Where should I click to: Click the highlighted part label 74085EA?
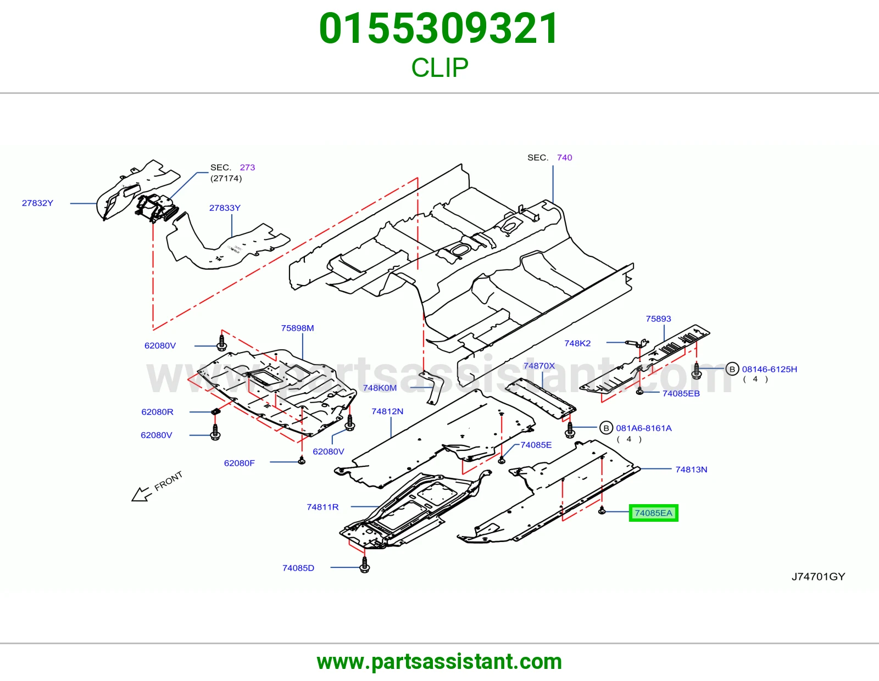(x=653, y=513)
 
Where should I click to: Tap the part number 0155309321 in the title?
(x=439, y=29)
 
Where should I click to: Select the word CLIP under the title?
(x=439, y=68)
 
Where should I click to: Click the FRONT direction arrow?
(x=141, y=494)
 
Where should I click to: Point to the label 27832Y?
(x=37, y=203)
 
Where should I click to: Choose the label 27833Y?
(x=225, y=208)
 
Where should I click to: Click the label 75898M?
(x=297, y=328)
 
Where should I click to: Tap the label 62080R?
(x=157, y=412)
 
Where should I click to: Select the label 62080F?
(x=240, y=463)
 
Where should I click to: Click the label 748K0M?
(x=380, y=388)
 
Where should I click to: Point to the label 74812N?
(x=387, y=411)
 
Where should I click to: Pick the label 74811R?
(x=322, y=507)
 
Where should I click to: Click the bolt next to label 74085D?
(x=364, y=565)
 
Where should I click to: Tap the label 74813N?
(x=691, y=470)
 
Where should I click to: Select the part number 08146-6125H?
(x=769, y=369)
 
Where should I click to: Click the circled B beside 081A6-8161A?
(x=606, y=428)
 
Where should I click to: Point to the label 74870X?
(x=539, y=366)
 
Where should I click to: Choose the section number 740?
(x=564, y=157)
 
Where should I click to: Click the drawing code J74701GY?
(x=819, y=577)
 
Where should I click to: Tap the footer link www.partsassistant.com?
(x=439, y=662)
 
